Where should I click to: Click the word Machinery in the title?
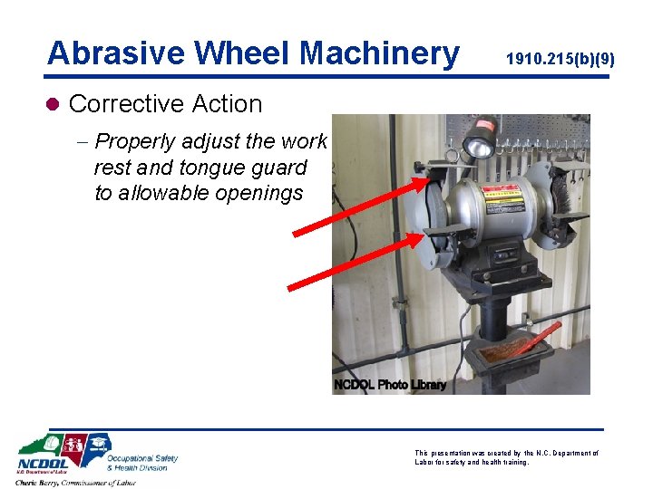pyautogui.click(x=380, y=53)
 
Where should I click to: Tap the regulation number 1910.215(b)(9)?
pyautogui.click(x=560, y=60)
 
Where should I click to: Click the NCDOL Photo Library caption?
pyautogui.click(x=390, y=385)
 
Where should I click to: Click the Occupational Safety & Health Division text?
pyautogui.click(x=142, y=462)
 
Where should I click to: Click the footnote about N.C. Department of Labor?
pyautogui.click(x=507, y=456)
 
